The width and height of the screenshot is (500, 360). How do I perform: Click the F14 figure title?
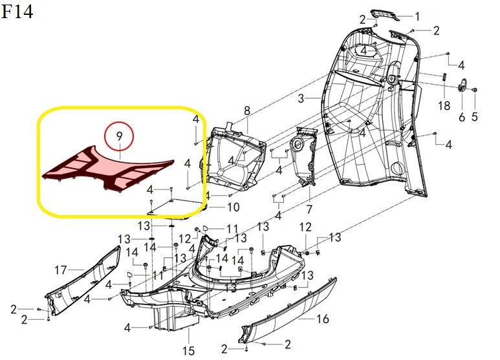tap(17, 12)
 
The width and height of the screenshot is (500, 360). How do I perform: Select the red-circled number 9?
tap(119, 136)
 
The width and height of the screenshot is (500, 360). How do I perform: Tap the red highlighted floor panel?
tap(109, 169)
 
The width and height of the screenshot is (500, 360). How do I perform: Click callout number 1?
tap(417, 17)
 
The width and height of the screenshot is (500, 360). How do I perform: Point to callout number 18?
tap(444, 105)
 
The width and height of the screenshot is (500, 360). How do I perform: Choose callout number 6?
tap(462, 117)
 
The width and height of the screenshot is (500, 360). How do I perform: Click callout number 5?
tap(475, 116)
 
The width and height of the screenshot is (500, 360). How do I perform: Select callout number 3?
tap(301, 98)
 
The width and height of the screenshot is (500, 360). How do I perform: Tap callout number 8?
tap(247, 111)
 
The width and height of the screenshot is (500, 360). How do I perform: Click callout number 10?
tap(233, 207)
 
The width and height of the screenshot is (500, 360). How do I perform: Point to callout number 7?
tap(309, 209)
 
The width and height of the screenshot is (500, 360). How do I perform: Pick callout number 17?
tap(61, 270)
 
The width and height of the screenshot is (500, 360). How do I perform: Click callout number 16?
tap(322, 319)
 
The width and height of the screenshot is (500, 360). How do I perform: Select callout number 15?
tap(188, 351)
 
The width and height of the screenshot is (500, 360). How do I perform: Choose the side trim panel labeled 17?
tap(83, 281)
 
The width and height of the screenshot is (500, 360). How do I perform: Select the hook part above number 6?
tap(462, 85)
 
